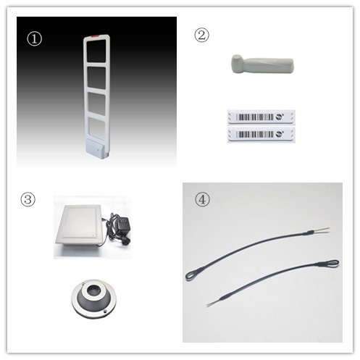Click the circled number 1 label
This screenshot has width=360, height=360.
(x=34, y=39)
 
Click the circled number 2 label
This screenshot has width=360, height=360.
(x=201, y=35)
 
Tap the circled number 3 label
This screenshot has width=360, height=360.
(x=28, y=200)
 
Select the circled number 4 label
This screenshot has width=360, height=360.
(x=202, y=199)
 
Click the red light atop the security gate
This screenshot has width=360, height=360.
(x=94, y=37)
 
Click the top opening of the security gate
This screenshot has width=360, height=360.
(x=96, y=51)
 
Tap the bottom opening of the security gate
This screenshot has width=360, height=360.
(x=96, y=128)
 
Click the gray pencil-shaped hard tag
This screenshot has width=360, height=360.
(x=262, y=64)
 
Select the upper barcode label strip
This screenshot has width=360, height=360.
(x=261, y=117)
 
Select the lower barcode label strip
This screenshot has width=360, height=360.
(x=261, y=135)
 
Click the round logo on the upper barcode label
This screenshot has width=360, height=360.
(x=280, y=117)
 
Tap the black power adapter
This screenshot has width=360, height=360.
(x=122, y=225)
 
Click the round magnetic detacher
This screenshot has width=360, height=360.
(x=94, y=298)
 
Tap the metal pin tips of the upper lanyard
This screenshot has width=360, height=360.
(x=321, y=230)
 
